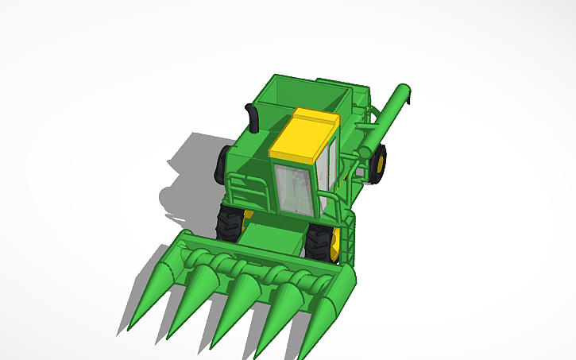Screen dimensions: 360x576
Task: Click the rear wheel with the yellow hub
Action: coord(379,164)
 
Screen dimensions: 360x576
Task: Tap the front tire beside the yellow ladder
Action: coord(320,242)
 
